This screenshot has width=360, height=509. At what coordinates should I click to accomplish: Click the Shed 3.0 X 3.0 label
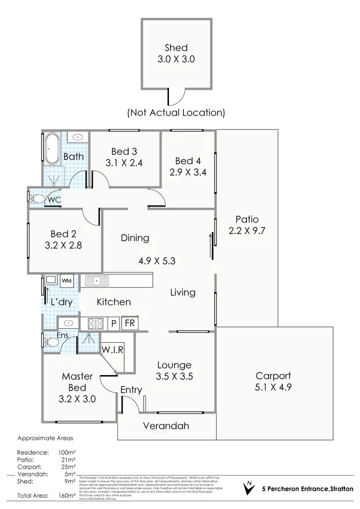(x=175, y=53)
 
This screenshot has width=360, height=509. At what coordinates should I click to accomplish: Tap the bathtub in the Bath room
(x=52, y=149)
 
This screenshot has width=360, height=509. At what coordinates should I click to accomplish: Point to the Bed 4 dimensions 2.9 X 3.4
(x=187, y=172)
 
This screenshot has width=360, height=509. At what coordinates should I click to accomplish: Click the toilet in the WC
(x=38, y=199)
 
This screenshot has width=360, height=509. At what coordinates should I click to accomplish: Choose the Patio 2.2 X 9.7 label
(x=247, y=225)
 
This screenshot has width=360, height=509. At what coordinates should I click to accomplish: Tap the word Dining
(x=135, y=238)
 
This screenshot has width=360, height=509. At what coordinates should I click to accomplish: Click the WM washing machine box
(x=67, y=281)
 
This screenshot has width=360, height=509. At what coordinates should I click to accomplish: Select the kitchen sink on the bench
(x=97, y=280)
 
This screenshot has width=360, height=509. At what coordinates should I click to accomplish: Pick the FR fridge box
(x=129, y=323)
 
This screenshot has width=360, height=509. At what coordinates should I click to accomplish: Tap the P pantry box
(x=114, y=323)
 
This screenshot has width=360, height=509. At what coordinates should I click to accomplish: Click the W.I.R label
(x=112, y=349)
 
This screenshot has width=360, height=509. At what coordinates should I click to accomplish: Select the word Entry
(x=131, y=390)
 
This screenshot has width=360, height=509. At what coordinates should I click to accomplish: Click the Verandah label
(x=166, y=426)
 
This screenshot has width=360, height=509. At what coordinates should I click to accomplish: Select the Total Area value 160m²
(x=67, y=495)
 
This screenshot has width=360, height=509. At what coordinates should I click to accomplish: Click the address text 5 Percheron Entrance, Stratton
(x=307, y=489)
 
